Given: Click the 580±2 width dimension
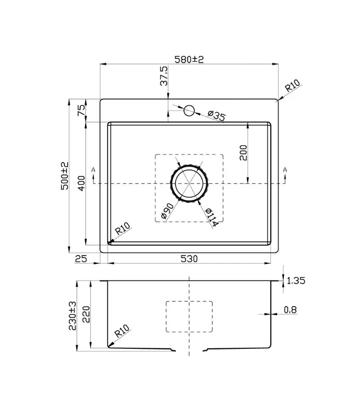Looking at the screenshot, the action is [x=189, y=59].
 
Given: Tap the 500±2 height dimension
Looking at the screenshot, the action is [x=65, y=176].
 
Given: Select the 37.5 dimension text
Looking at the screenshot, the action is [x=164, y=76].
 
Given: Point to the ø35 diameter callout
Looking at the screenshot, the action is [x=216, y=116].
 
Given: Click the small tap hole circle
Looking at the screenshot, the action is [x=189, y=111].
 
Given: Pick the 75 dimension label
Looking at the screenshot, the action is [x=81, y=110].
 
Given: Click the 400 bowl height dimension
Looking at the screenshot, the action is [x=82, y=183].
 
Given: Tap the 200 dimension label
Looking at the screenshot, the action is [x=243, y=152].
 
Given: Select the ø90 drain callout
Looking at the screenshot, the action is [x=167, y=211].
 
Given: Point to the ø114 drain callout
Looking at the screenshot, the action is [x=211, y=218].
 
